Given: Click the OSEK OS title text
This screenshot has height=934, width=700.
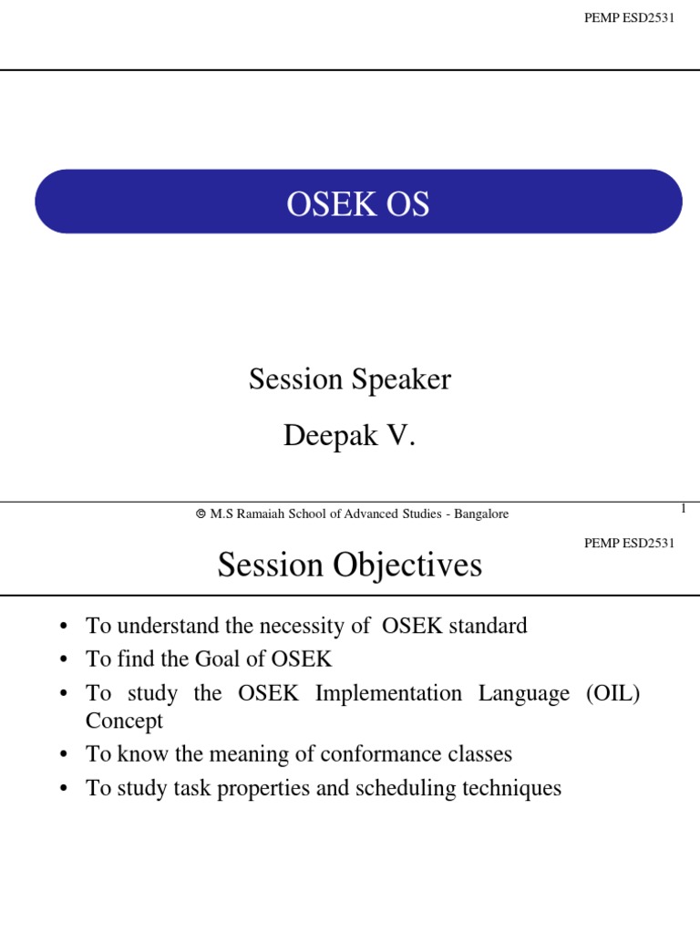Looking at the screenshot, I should point(358,204).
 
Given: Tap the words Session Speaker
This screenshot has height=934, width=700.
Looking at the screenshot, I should point(350,379).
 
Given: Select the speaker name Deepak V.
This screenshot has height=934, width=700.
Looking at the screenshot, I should point(349,436).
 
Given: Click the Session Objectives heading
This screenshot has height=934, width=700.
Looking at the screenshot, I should point(349,566).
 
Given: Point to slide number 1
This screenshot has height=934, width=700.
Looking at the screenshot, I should point(683,508).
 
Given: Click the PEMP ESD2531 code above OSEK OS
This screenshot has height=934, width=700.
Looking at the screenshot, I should point(629,18).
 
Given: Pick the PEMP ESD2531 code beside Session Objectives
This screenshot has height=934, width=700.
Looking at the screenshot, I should point(629,544).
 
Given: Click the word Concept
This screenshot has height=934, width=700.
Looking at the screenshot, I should point(124,721).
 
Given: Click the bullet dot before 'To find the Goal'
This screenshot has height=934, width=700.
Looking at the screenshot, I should point(63,660).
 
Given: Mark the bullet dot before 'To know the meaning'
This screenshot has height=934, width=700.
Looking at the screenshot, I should point(63,755).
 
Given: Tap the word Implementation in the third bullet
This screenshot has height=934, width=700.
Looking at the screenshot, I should point(387,693).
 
